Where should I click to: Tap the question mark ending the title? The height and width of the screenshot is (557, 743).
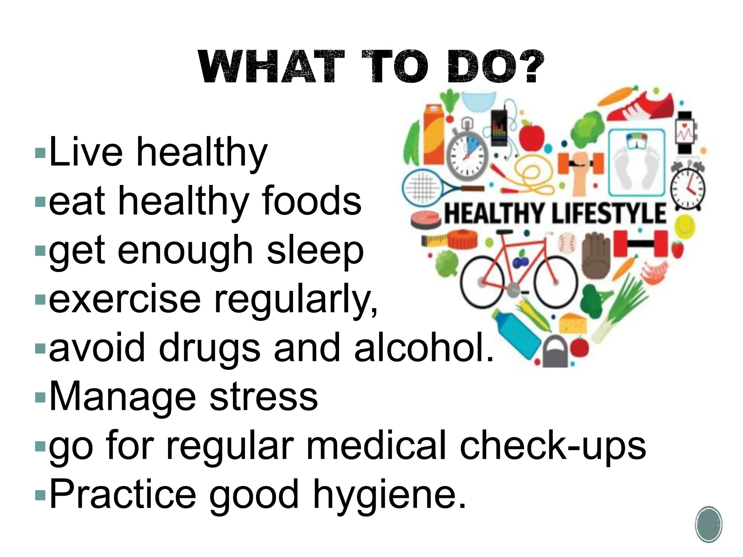(530, 66)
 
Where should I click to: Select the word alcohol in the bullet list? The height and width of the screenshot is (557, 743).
(424, 348)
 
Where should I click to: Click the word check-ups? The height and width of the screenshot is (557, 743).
(553, 446)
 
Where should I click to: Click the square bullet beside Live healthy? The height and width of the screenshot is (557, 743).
(40, 152)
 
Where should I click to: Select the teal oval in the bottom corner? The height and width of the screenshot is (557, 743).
(708, 524)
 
